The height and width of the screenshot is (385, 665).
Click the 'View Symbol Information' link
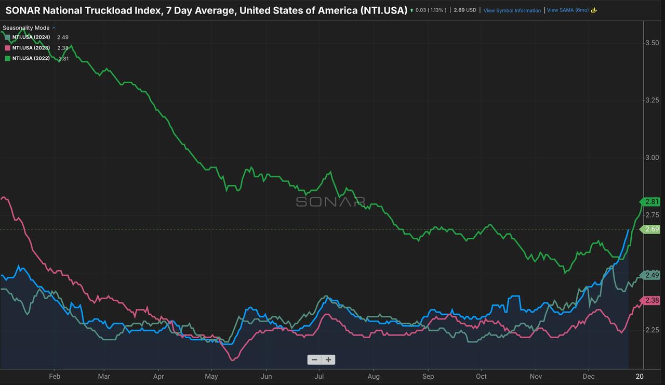[x=512, y=10]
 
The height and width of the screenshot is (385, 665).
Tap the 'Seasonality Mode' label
[x=26, y=28]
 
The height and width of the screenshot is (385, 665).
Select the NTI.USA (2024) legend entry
[x=31, y=37]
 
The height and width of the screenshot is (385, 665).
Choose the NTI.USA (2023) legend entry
[x=31, y=48]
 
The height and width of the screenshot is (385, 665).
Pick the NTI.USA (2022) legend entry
[x=31, y=58]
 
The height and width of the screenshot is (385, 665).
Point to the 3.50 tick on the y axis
[x=652, y=43]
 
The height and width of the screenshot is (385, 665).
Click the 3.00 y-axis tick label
[x=652, y=158]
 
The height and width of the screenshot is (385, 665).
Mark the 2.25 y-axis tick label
[x=652, y=330]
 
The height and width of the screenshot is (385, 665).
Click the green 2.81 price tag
[x=651, y=202]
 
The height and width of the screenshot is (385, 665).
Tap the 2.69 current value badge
[x=651, y=229]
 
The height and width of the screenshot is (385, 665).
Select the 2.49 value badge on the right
[x=651, y=275]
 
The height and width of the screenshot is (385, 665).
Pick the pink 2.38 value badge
[x=651, y=300]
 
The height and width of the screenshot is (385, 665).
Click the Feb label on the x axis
[x=55, y=376]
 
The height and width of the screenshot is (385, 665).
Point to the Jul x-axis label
[x=320, y=376]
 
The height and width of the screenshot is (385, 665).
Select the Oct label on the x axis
[x=482, y=376]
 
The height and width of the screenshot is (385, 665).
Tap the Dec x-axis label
[x=589, y=376]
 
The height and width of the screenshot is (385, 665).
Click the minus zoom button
[x=314, y=360]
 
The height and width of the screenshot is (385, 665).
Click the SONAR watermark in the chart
[x=330, y=202]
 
